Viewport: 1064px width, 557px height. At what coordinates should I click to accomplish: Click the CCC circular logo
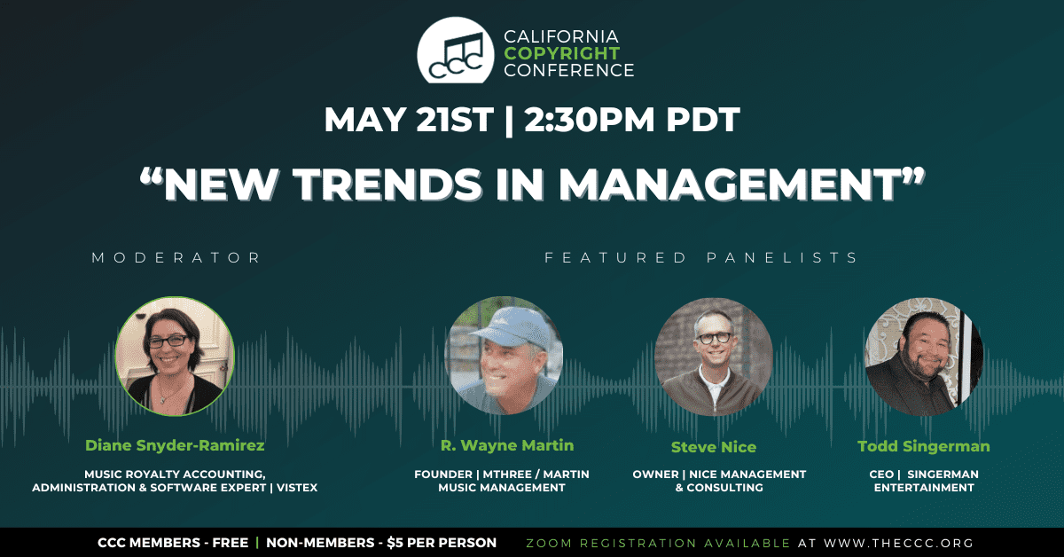[455, 51]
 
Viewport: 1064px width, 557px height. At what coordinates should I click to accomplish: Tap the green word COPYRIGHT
[562, 53]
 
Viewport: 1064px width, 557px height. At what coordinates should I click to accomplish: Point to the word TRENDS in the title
[387, 184]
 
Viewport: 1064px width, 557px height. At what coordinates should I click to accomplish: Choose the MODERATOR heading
[176, 257]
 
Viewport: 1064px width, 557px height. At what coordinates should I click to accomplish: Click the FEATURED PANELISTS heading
[700, 257]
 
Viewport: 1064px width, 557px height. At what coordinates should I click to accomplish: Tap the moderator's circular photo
[175, 357]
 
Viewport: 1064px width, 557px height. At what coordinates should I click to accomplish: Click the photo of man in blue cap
[504, 356]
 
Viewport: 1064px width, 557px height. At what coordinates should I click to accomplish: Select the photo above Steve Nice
[714, 357]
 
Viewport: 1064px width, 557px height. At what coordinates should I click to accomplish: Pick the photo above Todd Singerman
[924, 357]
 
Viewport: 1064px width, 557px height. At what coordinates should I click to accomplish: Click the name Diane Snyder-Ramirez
[175, 445]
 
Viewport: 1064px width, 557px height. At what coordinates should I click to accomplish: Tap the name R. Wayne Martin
[507, 445]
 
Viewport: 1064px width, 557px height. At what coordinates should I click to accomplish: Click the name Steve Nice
[714, 447]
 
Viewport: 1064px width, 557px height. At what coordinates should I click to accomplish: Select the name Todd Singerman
[924, 446]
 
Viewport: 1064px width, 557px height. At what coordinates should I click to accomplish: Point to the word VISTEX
[297, 488]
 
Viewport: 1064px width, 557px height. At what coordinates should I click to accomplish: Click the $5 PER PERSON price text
[442, 543]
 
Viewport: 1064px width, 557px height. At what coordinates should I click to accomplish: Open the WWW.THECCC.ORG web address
[899, 543]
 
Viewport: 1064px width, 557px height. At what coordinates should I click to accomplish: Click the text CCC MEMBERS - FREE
[173, 543]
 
